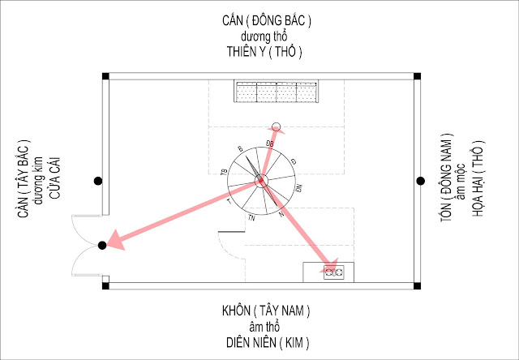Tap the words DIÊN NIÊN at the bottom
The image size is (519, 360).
pyautogui.click(x=249, y=341)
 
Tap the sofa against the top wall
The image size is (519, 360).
pyautogui.click(x=277, y=92)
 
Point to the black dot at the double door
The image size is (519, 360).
pyautogui.click(x=102, y=245)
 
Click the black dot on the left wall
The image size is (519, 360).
pyautogui.click(x=97, y=180)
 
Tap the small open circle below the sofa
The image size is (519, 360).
pyautogui.click(x=276, y=126)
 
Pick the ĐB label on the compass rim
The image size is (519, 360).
pyautogui.click(x=270, y=143)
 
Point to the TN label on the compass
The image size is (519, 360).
pyautogui.click(x=252, y=218)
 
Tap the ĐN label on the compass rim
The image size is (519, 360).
pyautogui.click(x=299, y=188)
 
